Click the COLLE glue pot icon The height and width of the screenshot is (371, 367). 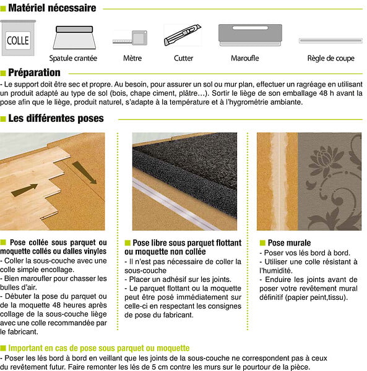(x=18, y=38)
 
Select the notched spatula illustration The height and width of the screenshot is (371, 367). (x=74, y=37)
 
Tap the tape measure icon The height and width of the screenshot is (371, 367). (x=130, y=38)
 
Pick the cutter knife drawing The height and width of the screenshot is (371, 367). (x=183, y=35)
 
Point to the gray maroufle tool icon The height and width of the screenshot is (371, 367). (x=250, y=35)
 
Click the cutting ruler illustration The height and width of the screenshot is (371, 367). (x=330, y=41)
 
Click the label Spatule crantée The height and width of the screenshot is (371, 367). (x=73, y=58)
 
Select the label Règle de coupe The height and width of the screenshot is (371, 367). (x=330, y=58)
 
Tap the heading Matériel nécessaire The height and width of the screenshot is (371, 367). (x=52, y=8)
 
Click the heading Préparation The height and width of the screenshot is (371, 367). (x=34, y=72)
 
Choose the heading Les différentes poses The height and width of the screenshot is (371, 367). (x=56, y=118)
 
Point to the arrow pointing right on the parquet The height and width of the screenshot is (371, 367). (x=24, y=190)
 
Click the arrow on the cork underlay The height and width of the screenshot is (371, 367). (x=84, y=173)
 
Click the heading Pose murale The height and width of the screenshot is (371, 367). (x=289, y=243)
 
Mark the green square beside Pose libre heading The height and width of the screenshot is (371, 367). (x=127, y=243)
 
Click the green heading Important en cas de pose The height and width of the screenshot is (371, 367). (x=99, y=348)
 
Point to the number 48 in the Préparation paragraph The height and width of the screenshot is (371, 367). (x=323, y=93)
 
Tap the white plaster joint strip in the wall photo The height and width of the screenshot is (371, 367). (x=279, y=181)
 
